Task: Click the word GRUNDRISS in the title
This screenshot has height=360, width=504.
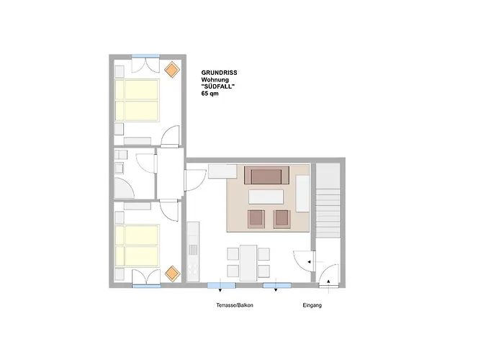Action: coord(219,73)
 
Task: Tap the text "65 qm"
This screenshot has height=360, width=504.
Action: coord(210,94)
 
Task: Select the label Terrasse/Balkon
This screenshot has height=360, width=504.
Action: coord(235,305)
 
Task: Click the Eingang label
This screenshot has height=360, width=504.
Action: coord(312,305)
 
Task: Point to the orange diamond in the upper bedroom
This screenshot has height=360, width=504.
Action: coord(172,69)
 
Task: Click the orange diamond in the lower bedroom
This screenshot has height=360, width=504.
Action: coord(173,274)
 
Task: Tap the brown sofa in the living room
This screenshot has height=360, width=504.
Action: coord(266,175)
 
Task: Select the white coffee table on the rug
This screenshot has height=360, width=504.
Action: coord(266,197)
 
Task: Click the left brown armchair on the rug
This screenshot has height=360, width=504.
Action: coord(256,219)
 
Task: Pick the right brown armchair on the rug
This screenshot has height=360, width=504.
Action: coord(282,219)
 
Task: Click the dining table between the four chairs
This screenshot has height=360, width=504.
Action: coord(248,263)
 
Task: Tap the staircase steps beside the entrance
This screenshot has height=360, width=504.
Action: coord(328,213)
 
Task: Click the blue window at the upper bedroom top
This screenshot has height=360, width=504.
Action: coord(145,56)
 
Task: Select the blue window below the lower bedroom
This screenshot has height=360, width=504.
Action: coord(147,286)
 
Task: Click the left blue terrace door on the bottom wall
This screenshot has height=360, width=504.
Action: coord(222,285)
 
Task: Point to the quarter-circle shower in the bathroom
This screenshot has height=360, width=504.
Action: coord(124,189)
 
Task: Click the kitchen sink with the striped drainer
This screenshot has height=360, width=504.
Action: coord(193,249)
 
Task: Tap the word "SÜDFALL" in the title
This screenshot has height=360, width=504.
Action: coord(218,86)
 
